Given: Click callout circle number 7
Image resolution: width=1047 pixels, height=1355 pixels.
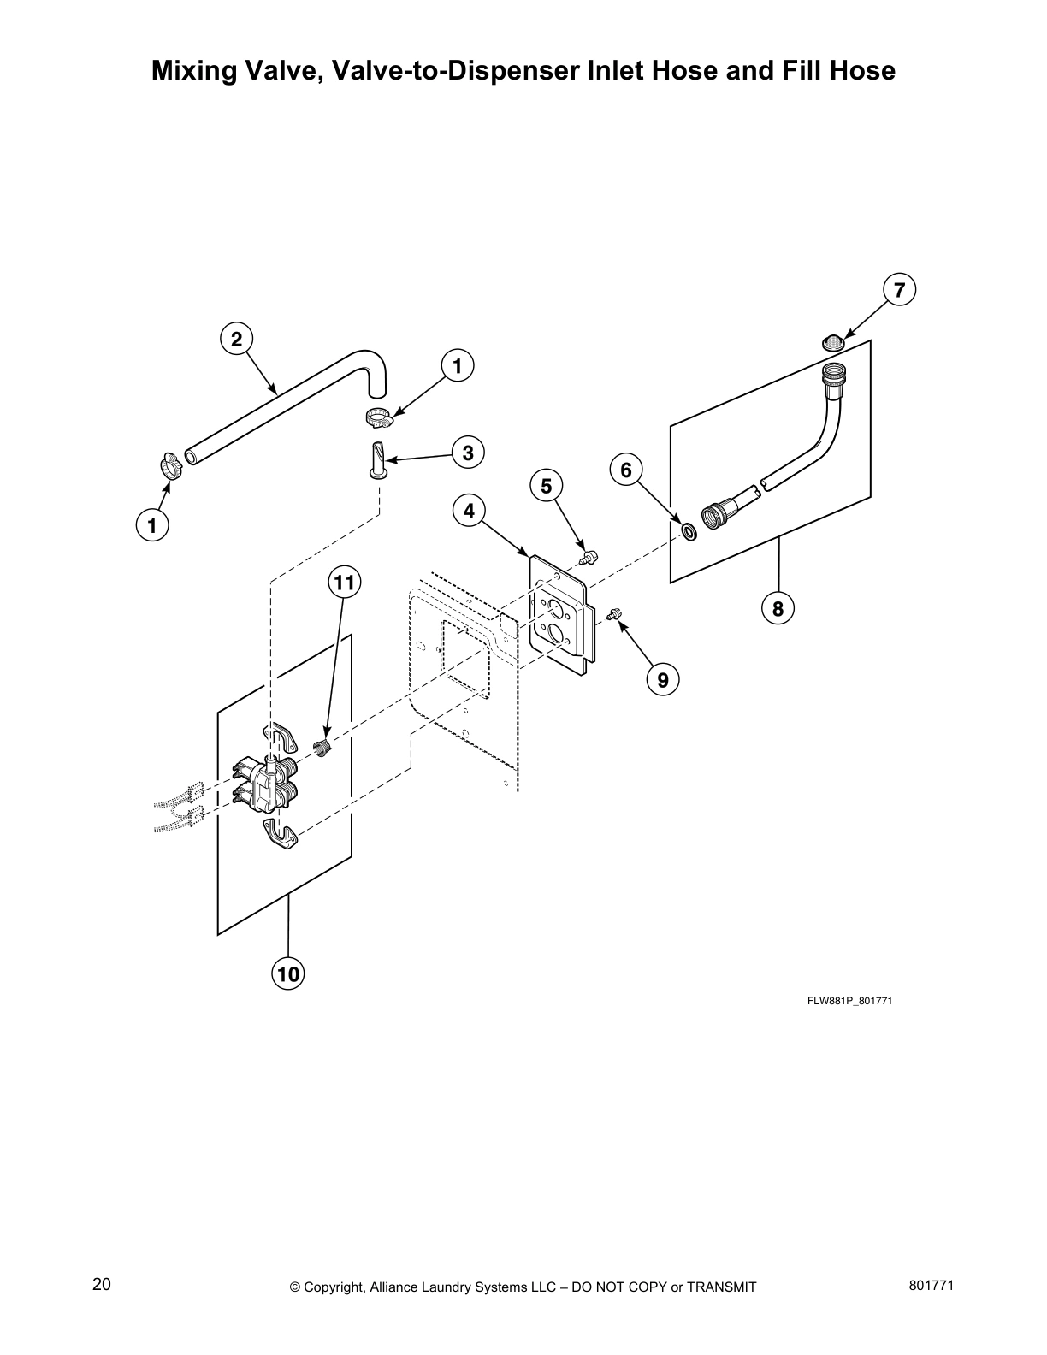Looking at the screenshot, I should pyautogui.click(x=899, y=290).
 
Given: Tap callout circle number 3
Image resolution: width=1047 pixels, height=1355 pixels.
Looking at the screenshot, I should pyautogui.click(x=468, y=453).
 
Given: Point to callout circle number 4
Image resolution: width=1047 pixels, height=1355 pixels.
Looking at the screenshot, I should pyautogui.click(x=469, y=512).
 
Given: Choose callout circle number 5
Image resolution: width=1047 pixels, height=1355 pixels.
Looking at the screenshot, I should pyautogui.click(x=546, y=486).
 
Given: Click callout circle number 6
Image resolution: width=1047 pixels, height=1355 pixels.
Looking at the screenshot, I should pyautogui.click(x=626, y=470).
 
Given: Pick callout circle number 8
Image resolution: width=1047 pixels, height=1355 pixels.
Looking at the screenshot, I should pyautogui.click(x=778, y=608).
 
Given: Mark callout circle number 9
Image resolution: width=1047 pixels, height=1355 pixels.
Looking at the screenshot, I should pyautogui.click(x=662, y=679).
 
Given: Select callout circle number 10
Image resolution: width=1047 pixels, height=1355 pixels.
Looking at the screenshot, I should pyautogui.click(x=288, y=973).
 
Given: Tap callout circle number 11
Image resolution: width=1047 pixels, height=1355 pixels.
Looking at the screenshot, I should pyautogui.click(x=343, y=583).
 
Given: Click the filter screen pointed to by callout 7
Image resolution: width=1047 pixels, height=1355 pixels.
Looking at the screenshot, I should pyautogui.click(x=833, y=343).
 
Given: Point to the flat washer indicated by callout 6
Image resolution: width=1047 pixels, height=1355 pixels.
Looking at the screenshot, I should pyautogui.click(x=688, y=533).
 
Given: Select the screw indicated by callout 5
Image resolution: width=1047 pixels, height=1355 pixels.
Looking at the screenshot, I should pyautogui.click(x=587, y=559).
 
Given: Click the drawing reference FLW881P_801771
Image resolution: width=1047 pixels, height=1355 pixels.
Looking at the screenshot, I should pyautogui.click(x=849, y=1001).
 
